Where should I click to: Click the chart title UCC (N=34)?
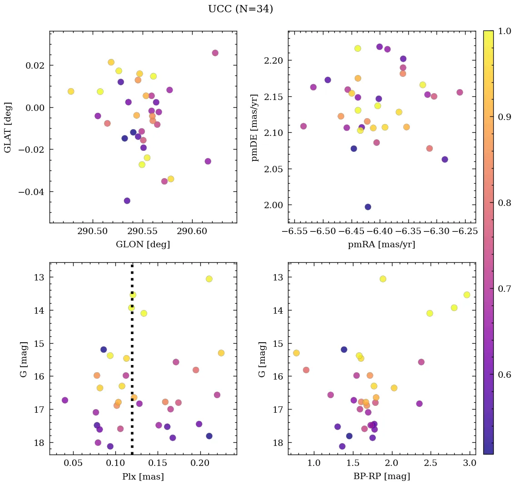pos(240,9)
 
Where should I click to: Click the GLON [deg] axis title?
pos(143,245)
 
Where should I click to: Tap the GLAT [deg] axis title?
pos(8,127)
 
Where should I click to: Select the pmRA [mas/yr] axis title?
pos(382,245)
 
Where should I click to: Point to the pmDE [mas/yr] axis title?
pos(255,127)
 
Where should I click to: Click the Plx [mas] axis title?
pos(143,477)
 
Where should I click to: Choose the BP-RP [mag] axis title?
pos(382,477)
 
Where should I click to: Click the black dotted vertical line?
pos(132,364)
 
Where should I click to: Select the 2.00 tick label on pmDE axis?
pos(273,205)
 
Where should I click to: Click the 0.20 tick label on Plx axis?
pos(199,464)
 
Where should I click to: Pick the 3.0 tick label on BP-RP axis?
pos(469,464)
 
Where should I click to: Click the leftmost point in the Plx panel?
pos(65,400)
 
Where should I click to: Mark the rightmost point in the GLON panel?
pos(215,53)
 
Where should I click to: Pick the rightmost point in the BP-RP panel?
pos(466,295)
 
